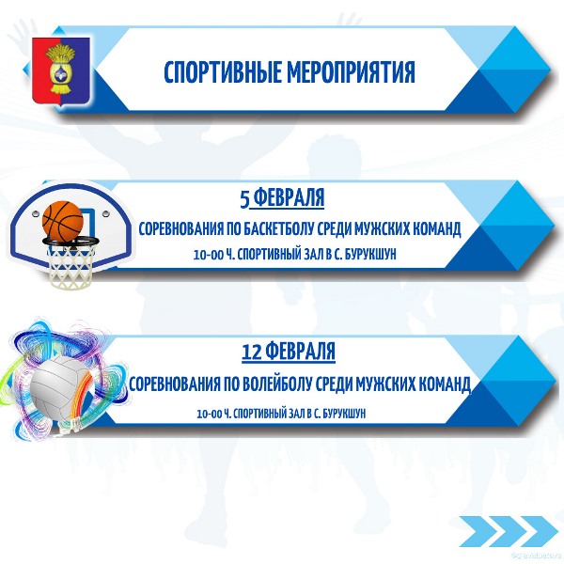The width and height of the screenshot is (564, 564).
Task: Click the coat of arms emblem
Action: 61,71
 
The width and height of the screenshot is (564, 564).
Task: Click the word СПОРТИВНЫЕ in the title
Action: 222,72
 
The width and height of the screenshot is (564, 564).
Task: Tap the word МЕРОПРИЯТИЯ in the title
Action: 351,72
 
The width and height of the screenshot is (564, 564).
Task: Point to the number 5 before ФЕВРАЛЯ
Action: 244,199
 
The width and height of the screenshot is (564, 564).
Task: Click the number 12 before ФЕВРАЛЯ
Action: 251,352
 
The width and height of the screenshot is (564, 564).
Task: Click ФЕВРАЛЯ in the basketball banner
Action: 289,197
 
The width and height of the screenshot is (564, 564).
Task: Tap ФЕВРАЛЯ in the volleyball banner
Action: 302,351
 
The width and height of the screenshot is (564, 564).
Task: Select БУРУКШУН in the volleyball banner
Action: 344,414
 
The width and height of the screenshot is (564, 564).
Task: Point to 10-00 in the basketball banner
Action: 209,256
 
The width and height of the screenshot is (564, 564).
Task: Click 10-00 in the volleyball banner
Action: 210,415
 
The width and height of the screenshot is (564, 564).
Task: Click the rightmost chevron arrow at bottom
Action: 539,531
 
